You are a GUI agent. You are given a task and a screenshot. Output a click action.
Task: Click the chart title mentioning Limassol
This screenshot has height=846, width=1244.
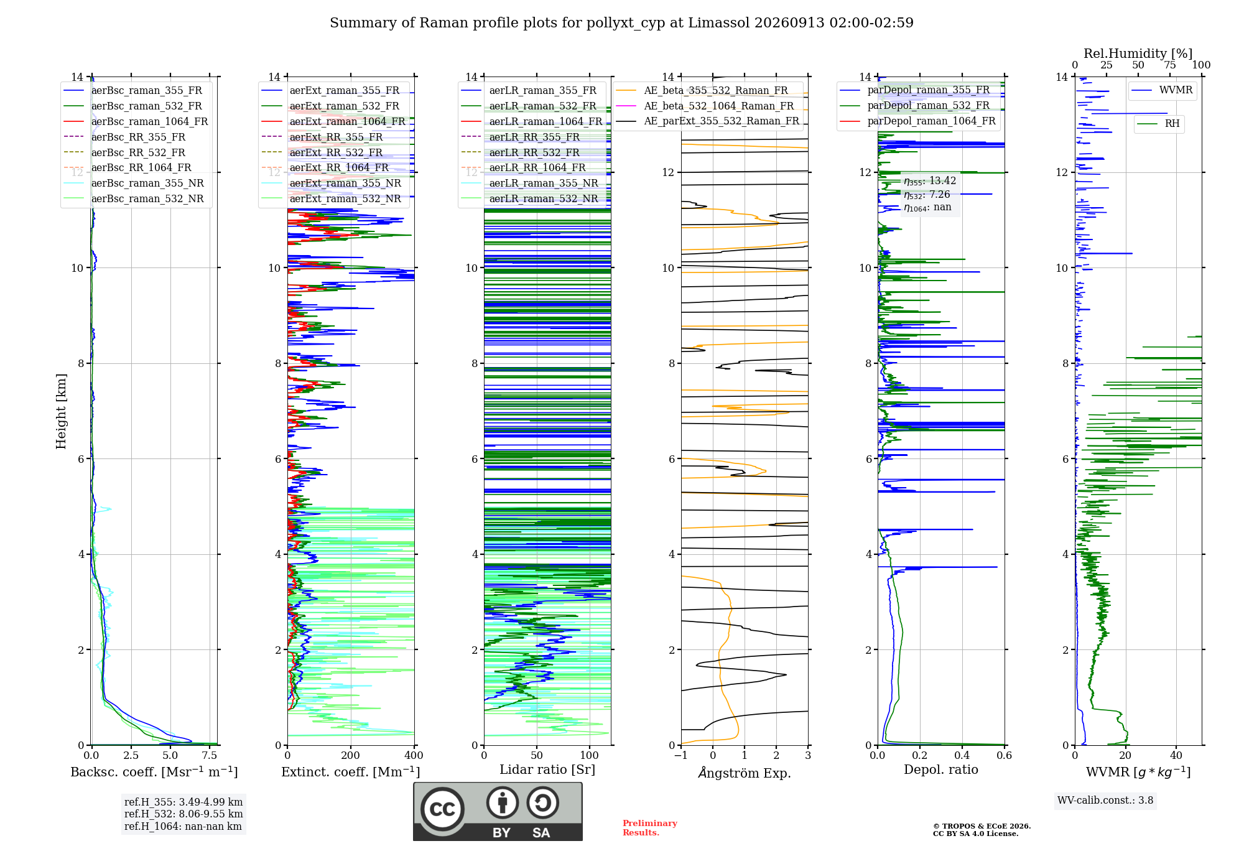pyautogui.click(x=621, y=23)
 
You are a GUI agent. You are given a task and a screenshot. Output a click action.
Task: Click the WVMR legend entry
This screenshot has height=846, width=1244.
pyautogui.click(x=1162, y=90)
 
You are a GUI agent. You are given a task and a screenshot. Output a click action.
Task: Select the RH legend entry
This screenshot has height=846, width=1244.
pyautogui.click(x=1158, y=124)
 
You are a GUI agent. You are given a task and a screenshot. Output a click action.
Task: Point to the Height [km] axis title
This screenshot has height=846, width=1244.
pyautogui.click(x=61, y=411)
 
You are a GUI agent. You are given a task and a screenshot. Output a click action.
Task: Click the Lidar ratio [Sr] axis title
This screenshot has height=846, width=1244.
pyautogui.click(x=547, y=769)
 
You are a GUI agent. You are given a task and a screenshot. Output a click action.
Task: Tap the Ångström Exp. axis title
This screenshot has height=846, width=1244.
pyautogui.click(x=745, y=773)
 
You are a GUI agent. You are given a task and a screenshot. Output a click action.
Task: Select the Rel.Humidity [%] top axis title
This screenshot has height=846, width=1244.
pyautogui.click(x=1138, y=53)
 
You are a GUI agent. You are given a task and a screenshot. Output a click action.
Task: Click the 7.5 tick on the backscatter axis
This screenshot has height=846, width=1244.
pyautogui.click(x=210, y=756)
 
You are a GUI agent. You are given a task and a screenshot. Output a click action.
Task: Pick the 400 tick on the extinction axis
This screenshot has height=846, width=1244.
pyautogui.click(x=414, y=756)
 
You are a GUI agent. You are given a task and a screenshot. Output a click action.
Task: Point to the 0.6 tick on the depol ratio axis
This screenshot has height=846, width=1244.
pyautogui.click(x=1005, y=756)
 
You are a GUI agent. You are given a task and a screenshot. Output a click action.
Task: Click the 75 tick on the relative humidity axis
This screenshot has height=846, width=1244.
pyautogui.click(x=1170, y=65)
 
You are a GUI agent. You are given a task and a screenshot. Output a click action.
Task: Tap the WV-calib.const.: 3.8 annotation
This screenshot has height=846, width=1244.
pyautogui.click(x=1105, y=801)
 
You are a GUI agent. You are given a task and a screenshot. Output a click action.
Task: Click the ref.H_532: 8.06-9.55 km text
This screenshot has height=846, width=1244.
pyautogui.click(x=183, y=814)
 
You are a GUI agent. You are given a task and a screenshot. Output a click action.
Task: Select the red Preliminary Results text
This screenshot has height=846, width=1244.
pyautogui.click(x=650, y=828)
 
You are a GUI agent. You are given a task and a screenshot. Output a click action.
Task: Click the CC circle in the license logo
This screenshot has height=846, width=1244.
pyautogui.click(x=442, y=809)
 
